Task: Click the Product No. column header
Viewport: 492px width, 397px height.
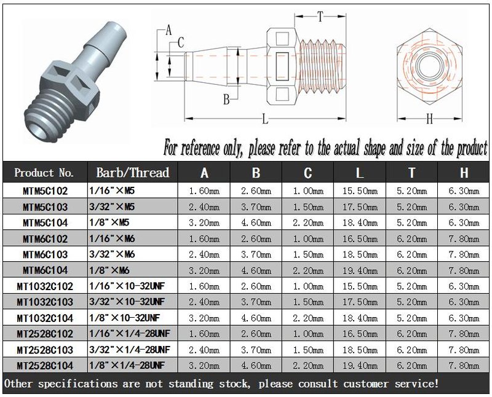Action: (x=44, y=173)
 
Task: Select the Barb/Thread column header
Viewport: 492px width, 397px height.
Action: (x=132, y=173)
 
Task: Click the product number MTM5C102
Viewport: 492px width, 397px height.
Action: (x=45, y=191)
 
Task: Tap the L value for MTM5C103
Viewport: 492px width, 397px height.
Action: (x=360, y=207)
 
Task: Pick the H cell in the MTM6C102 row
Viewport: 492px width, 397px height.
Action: (x=464, y=239)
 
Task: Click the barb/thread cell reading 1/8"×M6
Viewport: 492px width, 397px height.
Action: (x=109, y=270)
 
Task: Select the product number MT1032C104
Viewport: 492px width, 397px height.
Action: (x=45, y=318)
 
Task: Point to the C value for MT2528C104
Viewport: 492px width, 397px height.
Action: (x=308, y=366)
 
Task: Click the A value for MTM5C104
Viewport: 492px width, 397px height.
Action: (x=204, y=223)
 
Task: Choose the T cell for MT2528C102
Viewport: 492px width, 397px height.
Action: (x=411, y=334)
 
